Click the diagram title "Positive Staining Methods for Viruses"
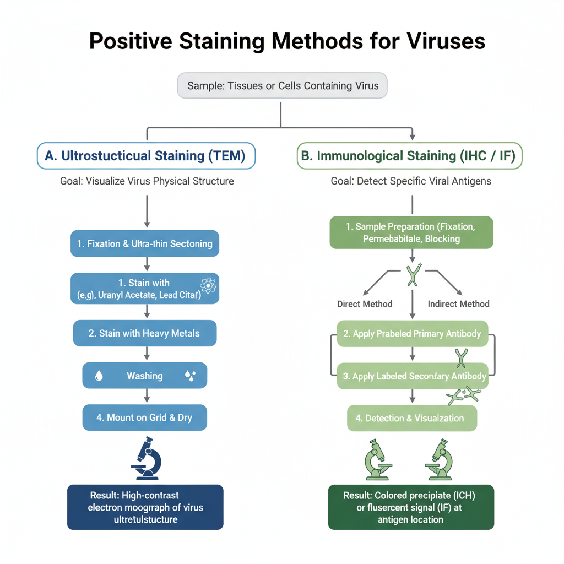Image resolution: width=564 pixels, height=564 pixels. [287, 41]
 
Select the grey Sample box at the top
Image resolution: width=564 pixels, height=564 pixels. [281, 85]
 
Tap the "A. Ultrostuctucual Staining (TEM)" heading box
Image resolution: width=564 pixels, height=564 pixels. [146, 156]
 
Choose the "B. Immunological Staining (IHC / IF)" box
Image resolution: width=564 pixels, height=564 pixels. [409, 156]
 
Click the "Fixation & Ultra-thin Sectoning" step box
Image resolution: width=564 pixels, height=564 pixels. [145, 243]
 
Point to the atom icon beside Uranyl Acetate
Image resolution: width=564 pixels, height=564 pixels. [209, 285]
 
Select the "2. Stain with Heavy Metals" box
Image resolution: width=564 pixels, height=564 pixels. [145, 333]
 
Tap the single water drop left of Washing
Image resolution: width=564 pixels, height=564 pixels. [99, 376]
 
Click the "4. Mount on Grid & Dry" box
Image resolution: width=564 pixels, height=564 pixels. [145, 417]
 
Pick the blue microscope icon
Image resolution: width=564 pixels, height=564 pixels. [146, 457]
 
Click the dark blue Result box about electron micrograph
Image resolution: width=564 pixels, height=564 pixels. [145, 507]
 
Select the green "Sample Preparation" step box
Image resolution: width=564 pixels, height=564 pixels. [411, 232]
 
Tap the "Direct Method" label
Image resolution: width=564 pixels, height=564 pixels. [365, 304]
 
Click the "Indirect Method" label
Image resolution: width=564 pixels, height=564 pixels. [458, 304]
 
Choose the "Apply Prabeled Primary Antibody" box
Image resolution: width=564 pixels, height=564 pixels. [412, 334]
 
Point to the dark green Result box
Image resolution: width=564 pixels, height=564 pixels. [411, 507]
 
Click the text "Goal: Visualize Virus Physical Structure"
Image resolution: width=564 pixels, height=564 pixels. [147, 181]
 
